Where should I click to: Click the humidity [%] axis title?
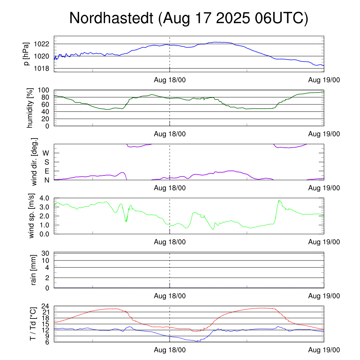pyautogui.click(x=30, y=108)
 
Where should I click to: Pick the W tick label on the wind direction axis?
pyautogui.click(x=46, y=153)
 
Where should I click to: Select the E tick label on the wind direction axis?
pyautogui.click(x=46, y=171)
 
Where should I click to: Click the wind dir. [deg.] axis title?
pyautogui.click(x=34, y=162)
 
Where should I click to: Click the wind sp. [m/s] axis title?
pyautogui.click(x=32, y=216)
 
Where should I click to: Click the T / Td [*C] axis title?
pyautogui.click(x=33, y=323)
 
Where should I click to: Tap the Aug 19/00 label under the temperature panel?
pyautogui.click(x=324, y=350)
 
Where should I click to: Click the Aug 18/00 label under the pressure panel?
pyautogui.click(x=170, y=80)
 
